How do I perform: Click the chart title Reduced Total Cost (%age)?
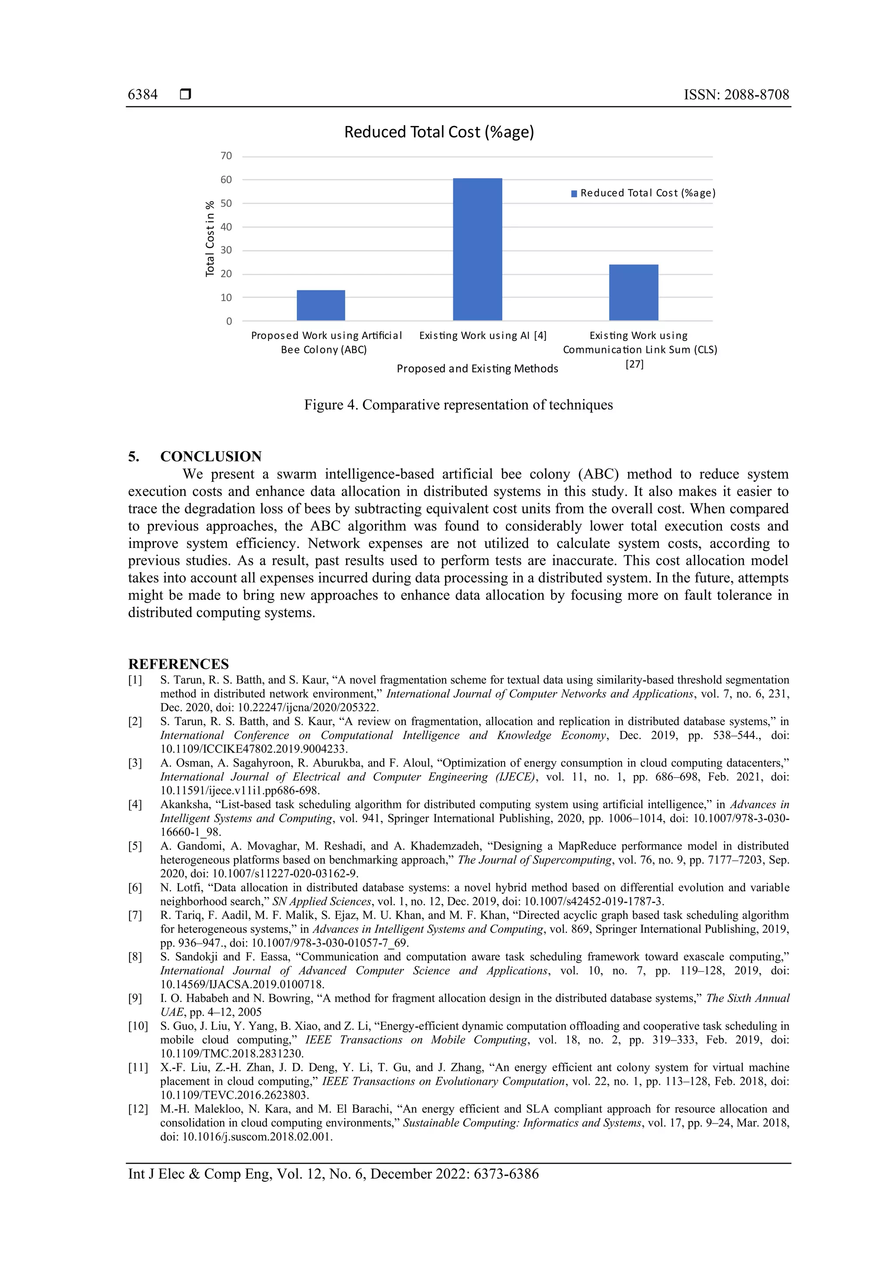click(x=439, y=133)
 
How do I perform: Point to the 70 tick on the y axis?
click(x=226, y=156)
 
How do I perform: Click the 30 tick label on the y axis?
click(x=226, y=250)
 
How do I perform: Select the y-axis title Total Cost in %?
click(x=210, y=238)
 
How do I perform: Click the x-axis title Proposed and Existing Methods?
click(x=477, y=369)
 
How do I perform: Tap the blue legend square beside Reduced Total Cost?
click(x=574, y=194)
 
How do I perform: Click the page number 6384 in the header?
click(x=143, y=94)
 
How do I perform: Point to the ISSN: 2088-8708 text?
click(x=736, y=94)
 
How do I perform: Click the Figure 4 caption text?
click(x=458, y=405)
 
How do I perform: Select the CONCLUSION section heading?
click(x=210, y=456)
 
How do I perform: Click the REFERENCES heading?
click(x=178, y=664)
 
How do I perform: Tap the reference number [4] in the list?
click(x=135, y=805)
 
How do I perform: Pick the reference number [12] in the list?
click(x=138, y=1109)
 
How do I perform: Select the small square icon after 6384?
click(x=185, y=94)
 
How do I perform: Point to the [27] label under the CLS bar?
click(x=634, y=364)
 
